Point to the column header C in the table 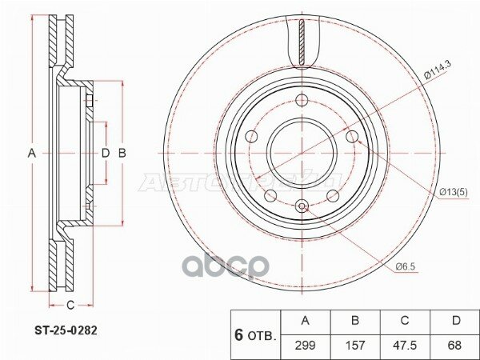click(x=404, y=321)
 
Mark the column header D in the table click(x=454, y=321)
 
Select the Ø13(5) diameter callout click(x=454, y=191)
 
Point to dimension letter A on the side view click(x=33, y=152)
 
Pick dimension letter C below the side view click(x=70, y=304)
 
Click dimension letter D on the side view click(x=105, y=152)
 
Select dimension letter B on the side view click(x=122, y=152)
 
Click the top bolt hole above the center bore click(x=302, y=100)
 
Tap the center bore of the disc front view click(x=302, y=152)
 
